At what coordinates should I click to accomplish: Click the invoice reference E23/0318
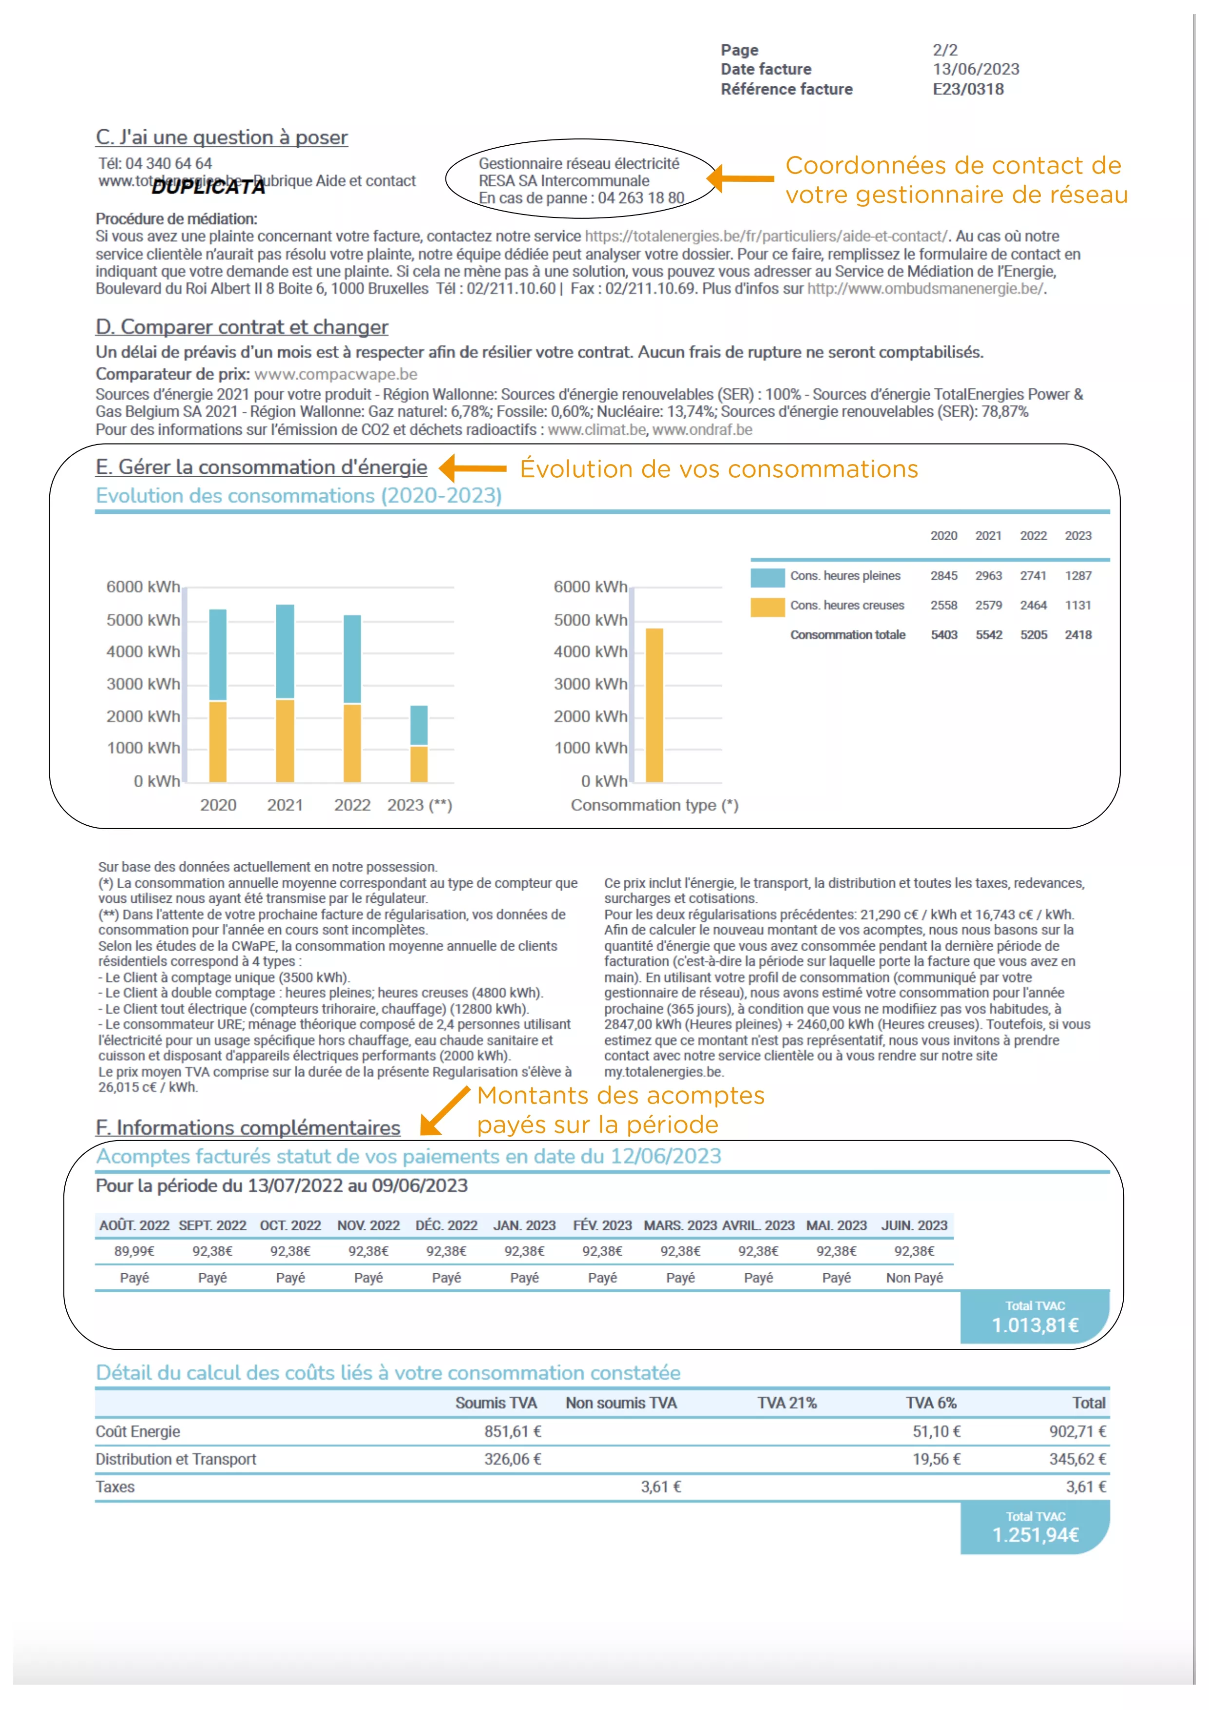click(x=968, y=89)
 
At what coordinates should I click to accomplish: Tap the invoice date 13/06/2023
click(x=975, y=69)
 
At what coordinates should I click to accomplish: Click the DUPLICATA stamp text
click(x=209, y=187)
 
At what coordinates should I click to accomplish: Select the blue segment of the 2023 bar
click(x=419, y=725)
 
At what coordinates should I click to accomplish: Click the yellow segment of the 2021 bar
click(x=285, y=740)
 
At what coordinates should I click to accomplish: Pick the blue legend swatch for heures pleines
click(x=768, y=577)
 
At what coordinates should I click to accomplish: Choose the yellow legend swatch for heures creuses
click(x=768, y=607)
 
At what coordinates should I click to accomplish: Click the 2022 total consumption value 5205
click(x=1033, y=635)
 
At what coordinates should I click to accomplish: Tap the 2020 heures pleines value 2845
click(x=943, y=576)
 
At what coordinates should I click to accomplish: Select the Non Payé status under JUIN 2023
click(x=914, y=1278)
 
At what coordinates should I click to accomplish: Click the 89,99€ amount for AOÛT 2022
click(x=134, y=1251)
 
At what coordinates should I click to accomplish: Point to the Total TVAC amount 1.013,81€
click(x=1035, y=1326)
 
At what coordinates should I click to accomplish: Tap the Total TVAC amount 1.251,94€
click(x=1035, y=1535)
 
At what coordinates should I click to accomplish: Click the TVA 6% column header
click(x=931, y=1403)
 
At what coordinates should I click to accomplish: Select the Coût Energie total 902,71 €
click(x=1077, y=1432)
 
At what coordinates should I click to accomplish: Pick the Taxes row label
click(x=115, y=1487)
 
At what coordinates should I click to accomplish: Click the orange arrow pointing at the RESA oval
click(x=741, y=179)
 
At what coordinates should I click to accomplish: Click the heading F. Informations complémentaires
click(x=248, y=1128)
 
